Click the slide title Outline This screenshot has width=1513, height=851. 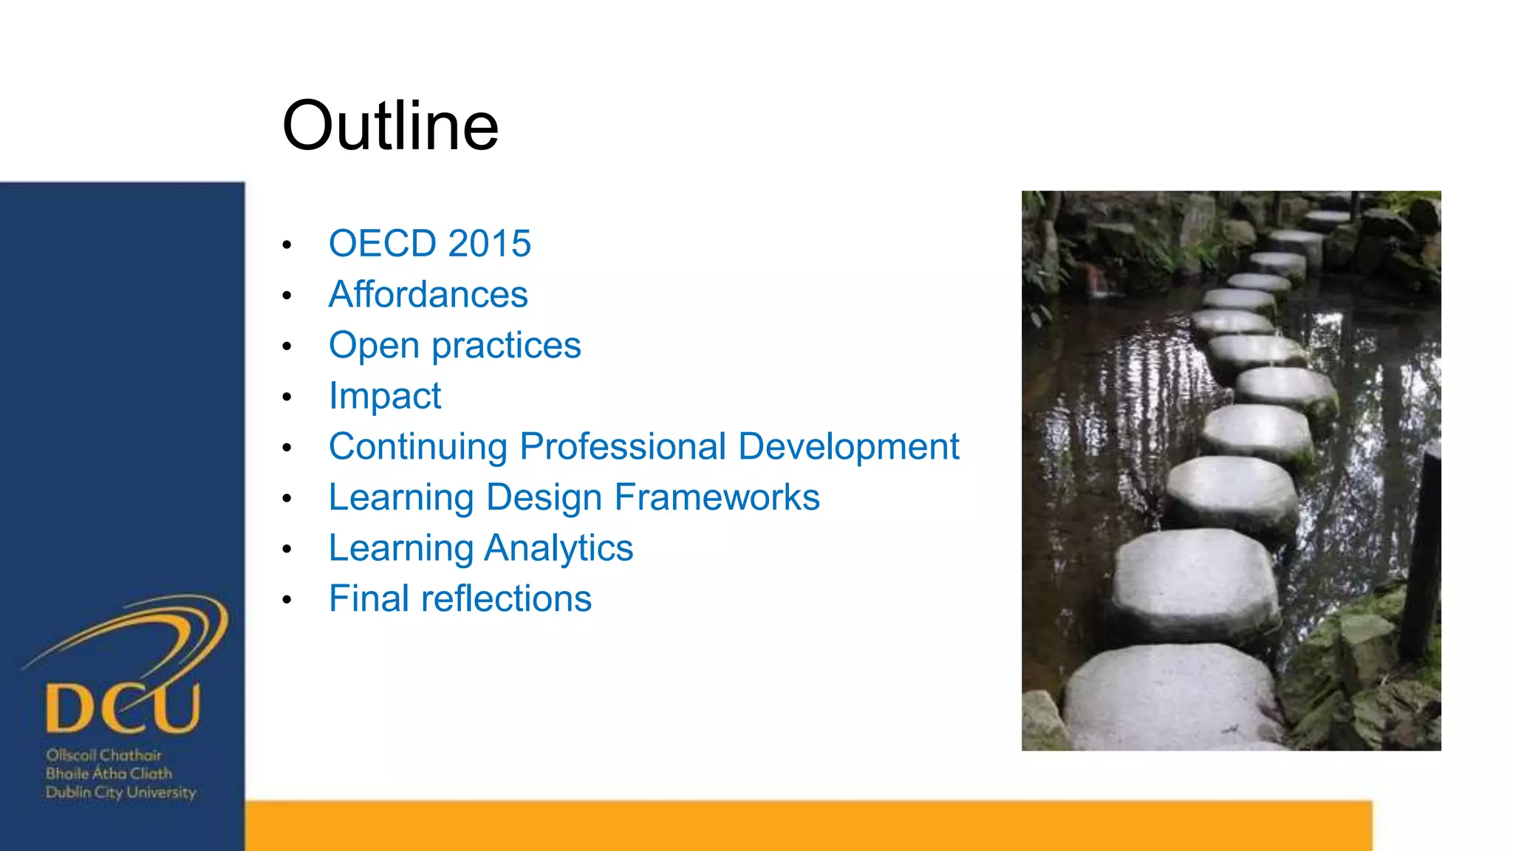point(390,126)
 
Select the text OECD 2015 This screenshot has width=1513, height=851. point(429,244)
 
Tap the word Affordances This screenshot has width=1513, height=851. point(428,295)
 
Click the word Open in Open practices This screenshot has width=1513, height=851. point(374,346)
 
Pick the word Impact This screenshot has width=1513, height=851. point(384,397)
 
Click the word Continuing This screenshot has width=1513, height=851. point(418,447)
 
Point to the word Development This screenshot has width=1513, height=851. point(848,447)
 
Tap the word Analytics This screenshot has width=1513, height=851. point(559,548)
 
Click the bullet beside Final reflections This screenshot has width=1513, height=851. point(287,600)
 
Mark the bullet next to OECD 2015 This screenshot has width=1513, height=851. point(287,245)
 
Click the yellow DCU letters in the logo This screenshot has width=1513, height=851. point(123,708)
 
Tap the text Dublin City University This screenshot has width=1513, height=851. point(120,793)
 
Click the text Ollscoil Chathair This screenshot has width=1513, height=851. point(103,755)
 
